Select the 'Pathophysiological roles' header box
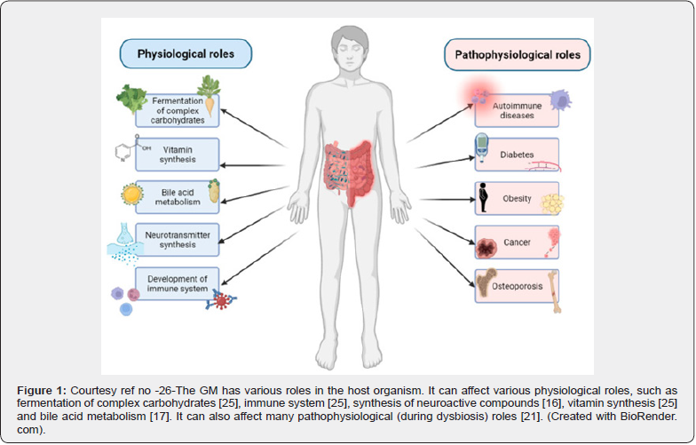point(518,55)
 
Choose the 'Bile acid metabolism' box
point(177,195)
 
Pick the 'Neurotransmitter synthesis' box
point(177,239)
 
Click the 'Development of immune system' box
point(177,283)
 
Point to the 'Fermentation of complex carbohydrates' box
point(177,110)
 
